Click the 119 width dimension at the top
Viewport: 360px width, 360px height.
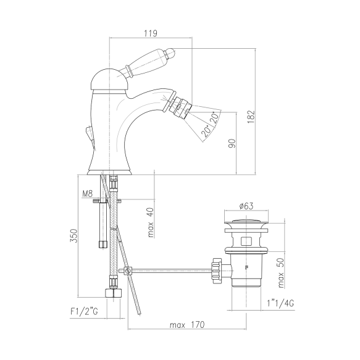pyautogui.click(x=151, y=33)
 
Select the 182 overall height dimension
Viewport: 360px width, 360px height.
pyautogui.click(x=251, y=117)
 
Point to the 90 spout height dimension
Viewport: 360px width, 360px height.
pyautogui.click(x=232, y=143)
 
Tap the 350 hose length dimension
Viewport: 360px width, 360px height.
pyautogui.click(x=74, y=235)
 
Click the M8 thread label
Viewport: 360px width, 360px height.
pyautogui.click(x=87, y=194)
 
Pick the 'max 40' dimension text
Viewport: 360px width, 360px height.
pyautogui.click(x=151, y=222)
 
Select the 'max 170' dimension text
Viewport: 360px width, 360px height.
pyautogui.click(x=187, y=325)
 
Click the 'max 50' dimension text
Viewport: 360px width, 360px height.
pyautogui.click(x=281, y=273)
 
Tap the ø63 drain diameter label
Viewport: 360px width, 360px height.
pyautogui.click(x=246, y=206)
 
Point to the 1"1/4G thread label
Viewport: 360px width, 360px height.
pyautogui.click(x=280, y=303)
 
